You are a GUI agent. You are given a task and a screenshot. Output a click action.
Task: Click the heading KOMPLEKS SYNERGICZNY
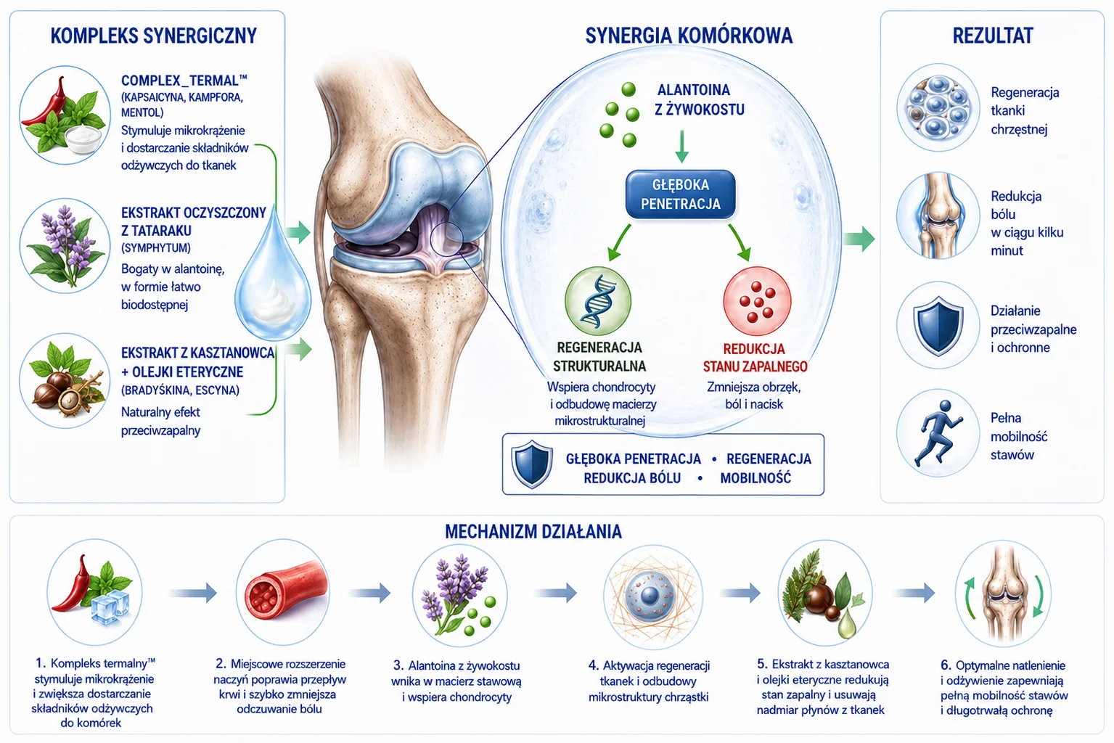154,36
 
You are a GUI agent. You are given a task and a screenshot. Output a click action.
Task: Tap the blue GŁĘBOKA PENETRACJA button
680,194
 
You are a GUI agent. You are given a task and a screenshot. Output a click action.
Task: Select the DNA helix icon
598,301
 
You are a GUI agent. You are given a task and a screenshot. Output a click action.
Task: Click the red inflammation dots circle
757,301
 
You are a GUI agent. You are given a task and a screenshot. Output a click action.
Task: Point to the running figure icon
938,432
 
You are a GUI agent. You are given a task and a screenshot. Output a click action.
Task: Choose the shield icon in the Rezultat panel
938,325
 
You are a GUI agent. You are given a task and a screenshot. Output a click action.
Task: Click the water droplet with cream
273,276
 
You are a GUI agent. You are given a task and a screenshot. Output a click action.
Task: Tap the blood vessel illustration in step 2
283,592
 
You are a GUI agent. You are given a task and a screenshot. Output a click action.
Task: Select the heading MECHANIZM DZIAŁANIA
533,532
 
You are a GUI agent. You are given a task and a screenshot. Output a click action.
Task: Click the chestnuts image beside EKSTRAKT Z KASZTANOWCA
65,381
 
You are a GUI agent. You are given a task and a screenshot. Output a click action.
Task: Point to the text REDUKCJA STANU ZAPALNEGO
755,358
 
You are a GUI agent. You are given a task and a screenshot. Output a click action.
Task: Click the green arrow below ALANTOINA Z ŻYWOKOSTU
682,147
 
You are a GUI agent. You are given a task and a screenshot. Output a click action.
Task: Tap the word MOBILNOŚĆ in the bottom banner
755,478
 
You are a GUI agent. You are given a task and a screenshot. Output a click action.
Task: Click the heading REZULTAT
993,36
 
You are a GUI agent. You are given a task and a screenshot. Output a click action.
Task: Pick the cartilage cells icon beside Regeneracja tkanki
938,107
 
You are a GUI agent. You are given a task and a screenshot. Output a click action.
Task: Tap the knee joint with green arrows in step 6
1003,593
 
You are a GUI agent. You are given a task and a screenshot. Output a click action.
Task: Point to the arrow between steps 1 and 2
193,592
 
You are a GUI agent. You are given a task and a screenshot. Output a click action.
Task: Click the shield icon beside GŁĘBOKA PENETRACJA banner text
532,464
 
